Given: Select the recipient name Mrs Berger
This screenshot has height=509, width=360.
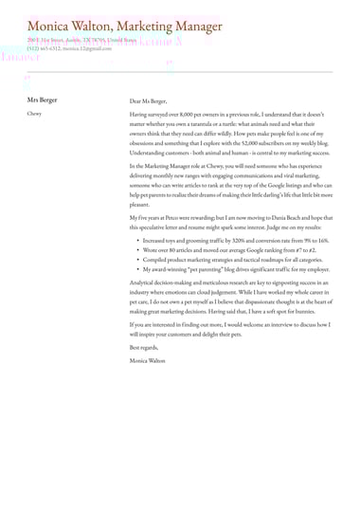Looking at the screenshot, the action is click(x=42, y=100).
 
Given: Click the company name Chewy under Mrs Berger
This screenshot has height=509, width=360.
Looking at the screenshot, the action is click(x=34, y=114).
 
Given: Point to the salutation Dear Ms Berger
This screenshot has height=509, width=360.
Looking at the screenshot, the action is click(x=149, y=100).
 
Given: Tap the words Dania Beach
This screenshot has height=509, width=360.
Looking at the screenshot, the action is click(x=288, y=217).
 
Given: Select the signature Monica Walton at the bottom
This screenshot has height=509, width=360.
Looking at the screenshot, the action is click(x=148, y=361).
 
